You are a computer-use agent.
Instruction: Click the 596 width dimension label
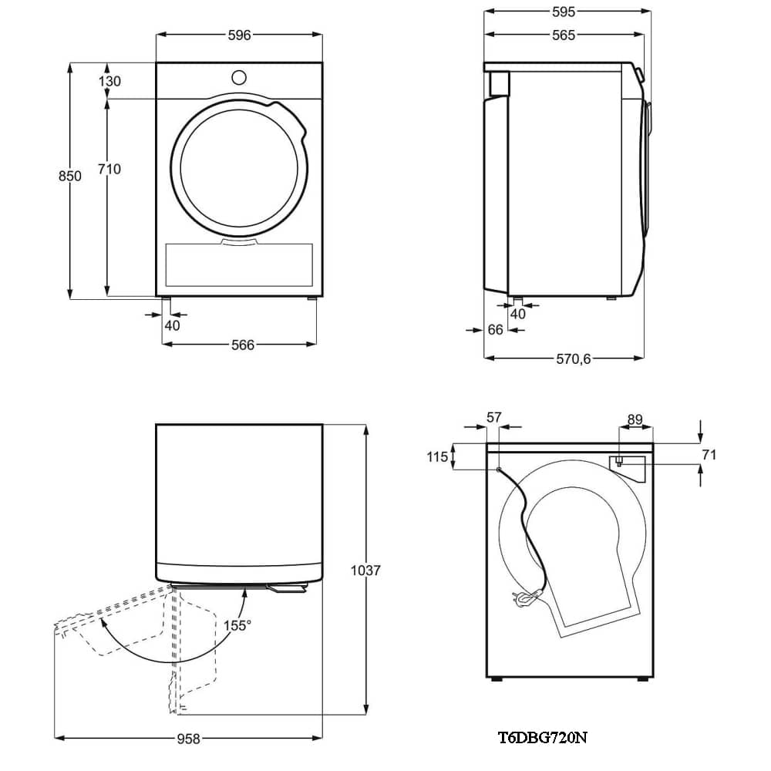240,35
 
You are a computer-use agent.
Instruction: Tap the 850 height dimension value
69,176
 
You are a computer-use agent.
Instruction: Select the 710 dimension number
109,169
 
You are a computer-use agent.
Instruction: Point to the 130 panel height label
109,81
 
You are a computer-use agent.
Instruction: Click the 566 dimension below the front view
243,345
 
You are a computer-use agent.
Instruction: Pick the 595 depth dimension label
564,12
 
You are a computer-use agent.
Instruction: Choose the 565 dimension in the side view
564,35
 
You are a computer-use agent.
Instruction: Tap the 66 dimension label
495,330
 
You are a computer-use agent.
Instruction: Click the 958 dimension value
189,739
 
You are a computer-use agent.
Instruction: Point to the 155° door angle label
237,625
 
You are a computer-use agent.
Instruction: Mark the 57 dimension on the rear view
494,417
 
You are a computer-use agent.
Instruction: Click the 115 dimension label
437,457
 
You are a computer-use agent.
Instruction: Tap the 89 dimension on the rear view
635,419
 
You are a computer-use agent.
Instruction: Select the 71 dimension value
709,455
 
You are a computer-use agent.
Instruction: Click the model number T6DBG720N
542,738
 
